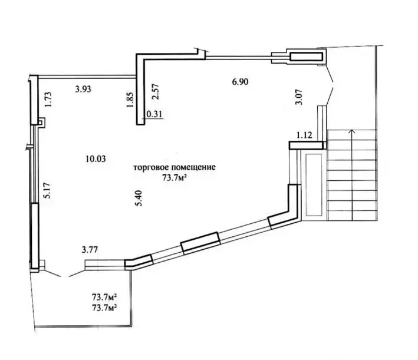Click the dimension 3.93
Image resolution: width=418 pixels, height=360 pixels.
click(84, 90)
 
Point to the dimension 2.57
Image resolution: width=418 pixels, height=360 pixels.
click(154, 93)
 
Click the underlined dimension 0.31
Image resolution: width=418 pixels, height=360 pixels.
click(154, 115)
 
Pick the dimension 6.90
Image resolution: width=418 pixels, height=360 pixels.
click(239, 82)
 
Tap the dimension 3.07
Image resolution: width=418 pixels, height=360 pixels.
click(299, 96)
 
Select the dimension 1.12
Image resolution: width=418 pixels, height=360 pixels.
click(304, 135)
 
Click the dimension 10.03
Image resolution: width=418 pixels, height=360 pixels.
click(96, 158)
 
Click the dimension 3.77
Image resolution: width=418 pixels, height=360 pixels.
click(90, 249)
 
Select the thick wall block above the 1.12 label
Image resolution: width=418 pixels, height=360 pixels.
click(307, 144)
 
